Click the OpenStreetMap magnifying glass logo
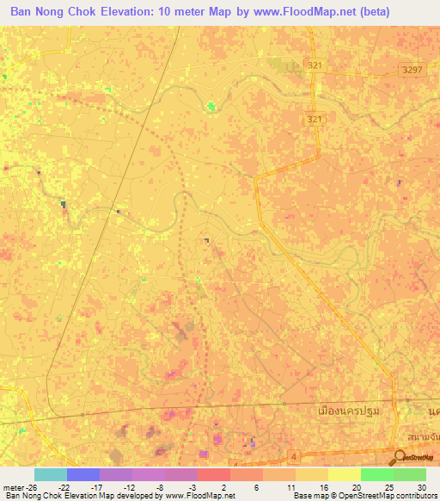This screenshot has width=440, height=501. pos(399,459)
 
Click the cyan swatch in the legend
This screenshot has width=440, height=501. pos(50,474)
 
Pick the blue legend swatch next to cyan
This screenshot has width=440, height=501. pos(82,474)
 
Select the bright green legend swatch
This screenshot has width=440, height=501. pos(376,474)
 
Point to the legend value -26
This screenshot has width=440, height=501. pos(34,486)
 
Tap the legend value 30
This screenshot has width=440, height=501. pos(420,486)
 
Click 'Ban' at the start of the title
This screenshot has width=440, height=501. pos(22,11)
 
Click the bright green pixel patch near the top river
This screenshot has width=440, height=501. pos(211,107)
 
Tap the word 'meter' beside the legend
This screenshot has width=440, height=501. pos(13,486)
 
